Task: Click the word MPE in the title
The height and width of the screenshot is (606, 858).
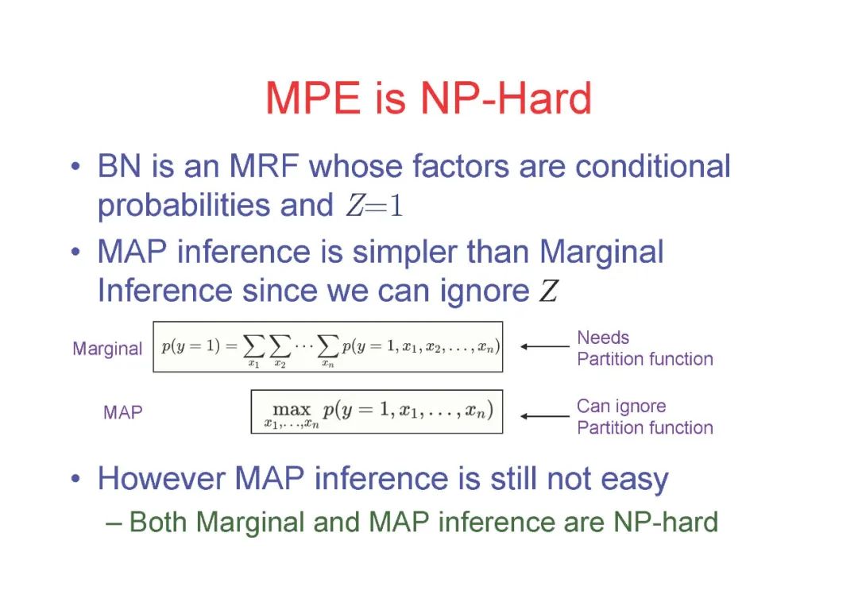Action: click(x=313, y=98)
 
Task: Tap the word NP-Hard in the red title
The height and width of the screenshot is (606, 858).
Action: click(x=506, y=98)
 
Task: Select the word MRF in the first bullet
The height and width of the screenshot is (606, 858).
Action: click(x=265, y=166)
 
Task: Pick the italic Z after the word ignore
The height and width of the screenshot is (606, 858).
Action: click(x=548, y=291)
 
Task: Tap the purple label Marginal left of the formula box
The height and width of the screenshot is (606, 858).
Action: click(x=107, y=349)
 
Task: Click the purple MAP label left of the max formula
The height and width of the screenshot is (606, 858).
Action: click(x=123, y=412)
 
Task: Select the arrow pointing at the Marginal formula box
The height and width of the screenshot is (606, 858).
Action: click(x=545, y=346)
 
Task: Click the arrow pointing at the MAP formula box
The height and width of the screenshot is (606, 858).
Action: click(x=545, y=416)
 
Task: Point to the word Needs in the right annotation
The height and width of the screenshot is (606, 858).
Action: click(x=603, y=338)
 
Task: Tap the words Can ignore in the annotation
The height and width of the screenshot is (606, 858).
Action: click(x=621, y=407)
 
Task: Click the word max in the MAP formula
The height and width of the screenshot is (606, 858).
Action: click(x=291, y=408)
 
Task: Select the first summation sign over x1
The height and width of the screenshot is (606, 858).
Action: click(x=253, y=345)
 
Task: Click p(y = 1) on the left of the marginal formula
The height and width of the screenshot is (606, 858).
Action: click(x=191, y=346)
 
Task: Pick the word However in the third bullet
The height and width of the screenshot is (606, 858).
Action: click(x=161, y=478)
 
